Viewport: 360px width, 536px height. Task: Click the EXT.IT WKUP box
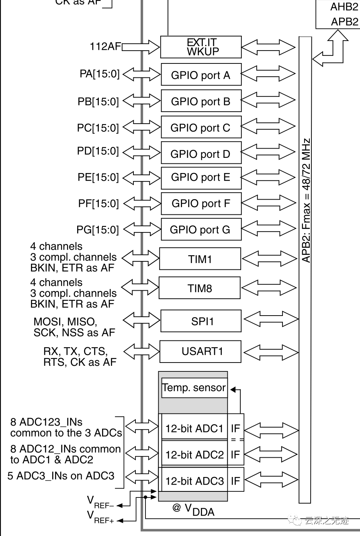click(201, 47)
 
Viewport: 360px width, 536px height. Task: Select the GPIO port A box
click(201, 75)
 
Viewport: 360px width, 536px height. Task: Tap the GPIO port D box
click(201, 153)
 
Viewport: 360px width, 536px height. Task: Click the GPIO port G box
click(201, 230)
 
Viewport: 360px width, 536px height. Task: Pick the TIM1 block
click(200, 259)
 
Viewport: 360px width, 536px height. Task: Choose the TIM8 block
click(200, 288)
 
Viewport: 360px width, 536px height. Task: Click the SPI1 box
click(201, 321)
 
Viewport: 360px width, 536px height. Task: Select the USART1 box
click(201, 351)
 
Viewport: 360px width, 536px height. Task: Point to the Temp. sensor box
click(194, 388)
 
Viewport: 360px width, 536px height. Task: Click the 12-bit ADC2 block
click(194, 454)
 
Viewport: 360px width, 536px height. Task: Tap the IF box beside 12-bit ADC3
click(235, 481)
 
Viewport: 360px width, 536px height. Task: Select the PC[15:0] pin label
click(98, 128)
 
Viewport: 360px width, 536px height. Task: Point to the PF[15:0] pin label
click(98, 204)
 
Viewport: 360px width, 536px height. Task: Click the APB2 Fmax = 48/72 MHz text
click(306, 201)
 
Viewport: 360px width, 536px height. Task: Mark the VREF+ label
click(100, 517)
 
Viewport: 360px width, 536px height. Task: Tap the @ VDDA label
click(193, 509)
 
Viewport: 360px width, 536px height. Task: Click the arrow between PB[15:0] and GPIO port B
click(141, 101)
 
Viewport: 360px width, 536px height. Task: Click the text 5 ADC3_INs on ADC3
click(61, 476)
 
